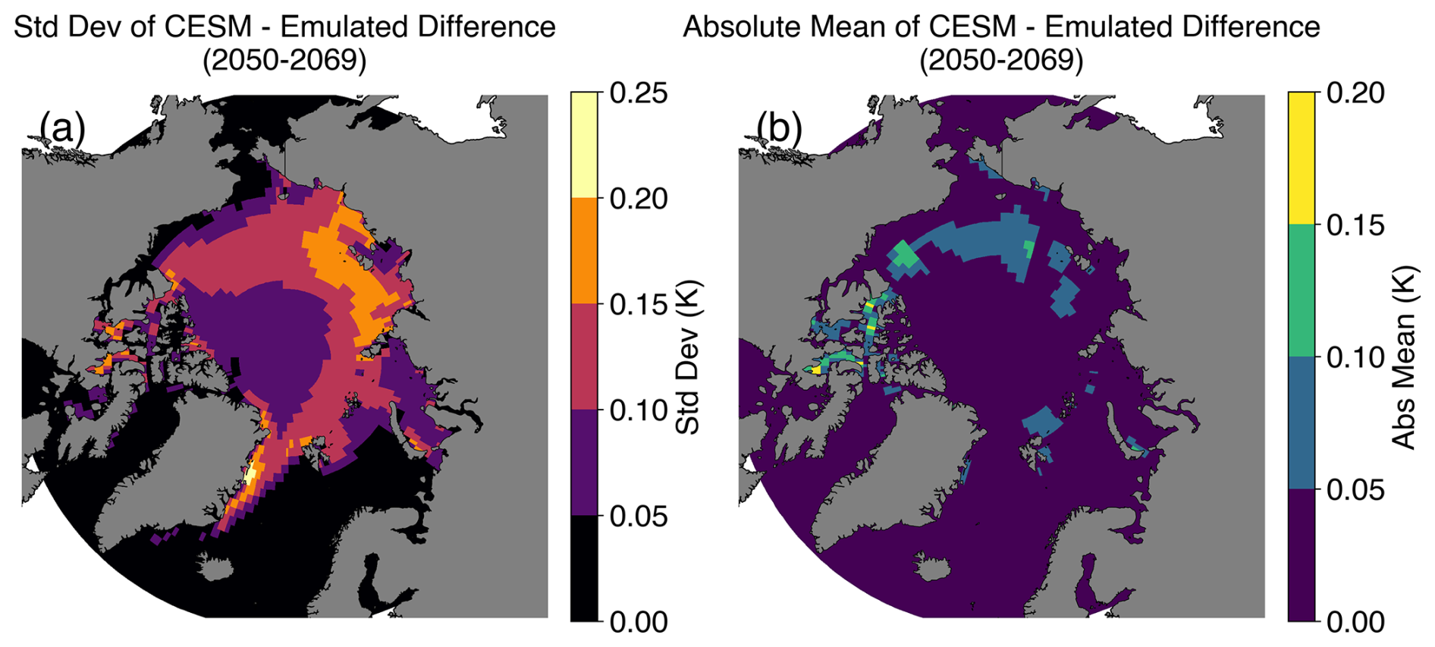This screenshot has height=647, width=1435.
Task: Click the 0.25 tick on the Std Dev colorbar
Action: (x=639, y=93)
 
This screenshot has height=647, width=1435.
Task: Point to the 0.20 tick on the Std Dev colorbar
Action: (x=639, y=199)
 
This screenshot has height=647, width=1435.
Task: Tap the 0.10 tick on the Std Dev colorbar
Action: (x=639, y=410)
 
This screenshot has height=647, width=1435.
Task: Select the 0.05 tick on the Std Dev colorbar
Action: (x=639, y=517)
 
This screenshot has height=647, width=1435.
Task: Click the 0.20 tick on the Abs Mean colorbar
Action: (x=1355, y=93)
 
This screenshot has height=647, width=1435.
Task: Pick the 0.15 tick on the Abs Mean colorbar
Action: (x=1355, y=225)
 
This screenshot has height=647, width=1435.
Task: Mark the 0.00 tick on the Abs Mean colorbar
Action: (x=1355, y=622)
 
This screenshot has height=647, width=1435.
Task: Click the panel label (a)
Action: (x=62, y=127)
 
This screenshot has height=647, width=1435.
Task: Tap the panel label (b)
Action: (x=780, y=127)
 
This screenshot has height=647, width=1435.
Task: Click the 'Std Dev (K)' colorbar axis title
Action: (x=688, y=357)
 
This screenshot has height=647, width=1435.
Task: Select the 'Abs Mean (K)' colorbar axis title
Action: (x=1405, y=357)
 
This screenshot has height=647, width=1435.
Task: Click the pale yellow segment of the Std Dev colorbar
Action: (x=584, y=145)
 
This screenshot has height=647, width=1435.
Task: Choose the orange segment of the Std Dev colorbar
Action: (x=584, y=251)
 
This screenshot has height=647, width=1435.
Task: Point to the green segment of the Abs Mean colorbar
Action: (x=1301, y=291)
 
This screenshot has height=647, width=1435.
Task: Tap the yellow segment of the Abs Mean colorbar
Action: (x=1301, y=159)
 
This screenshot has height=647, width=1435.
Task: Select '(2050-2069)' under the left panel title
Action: (x=284, y=60)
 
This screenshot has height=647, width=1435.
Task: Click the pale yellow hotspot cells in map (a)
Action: (x=253, y=476)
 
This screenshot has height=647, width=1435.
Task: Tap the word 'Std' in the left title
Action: (x=38, y=27)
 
